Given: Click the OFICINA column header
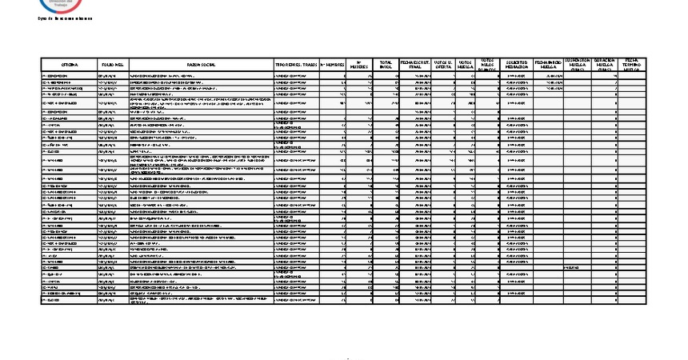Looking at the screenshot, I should pos(69,64).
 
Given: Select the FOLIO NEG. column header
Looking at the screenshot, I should pos(112,64).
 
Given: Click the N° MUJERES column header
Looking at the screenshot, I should pos(360,64).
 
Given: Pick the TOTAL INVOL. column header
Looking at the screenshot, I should pos(386,64).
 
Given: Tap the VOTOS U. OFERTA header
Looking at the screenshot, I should pos(444,64).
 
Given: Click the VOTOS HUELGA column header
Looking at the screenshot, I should pos(466,64).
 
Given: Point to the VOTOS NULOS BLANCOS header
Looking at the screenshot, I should pos(488,64).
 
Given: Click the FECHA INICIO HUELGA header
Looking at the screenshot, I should pos(548,64).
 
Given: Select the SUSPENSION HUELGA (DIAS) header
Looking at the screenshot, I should pos(578,64).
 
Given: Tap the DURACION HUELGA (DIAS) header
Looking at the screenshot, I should pos(605,64).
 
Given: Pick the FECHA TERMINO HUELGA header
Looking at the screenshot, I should pos(632,64).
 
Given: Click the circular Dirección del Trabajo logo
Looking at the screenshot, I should pos(54,5).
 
